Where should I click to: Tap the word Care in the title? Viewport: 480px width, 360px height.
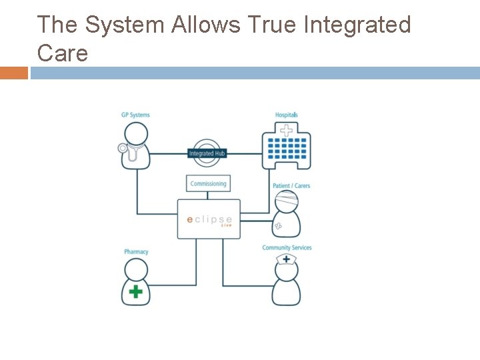coord(63,53)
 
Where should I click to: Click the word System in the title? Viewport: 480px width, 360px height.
coord(125,25)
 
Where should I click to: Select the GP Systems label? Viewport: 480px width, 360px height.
coord(135,115)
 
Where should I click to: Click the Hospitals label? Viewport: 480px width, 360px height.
coord(287,115)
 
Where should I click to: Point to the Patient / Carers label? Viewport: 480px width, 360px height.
coord(291,185)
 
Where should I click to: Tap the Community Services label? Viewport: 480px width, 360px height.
coord(287,247)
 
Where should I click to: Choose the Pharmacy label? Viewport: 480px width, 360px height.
coord(136,252)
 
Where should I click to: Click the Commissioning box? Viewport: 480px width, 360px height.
coord(208,184)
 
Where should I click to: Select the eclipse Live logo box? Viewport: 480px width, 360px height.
coord(209,219)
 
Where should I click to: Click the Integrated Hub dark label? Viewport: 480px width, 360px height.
coord(207,154)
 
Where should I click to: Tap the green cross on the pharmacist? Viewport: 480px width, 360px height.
coord(136,291)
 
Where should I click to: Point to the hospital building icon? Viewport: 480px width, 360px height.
coord(286,149)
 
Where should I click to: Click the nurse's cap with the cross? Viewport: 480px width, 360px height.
coord(287,258)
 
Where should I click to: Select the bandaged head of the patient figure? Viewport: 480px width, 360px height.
coord(286,201)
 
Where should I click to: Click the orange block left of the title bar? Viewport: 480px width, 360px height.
coord(14,73)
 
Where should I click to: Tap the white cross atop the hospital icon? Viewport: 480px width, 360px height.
coord(286,131)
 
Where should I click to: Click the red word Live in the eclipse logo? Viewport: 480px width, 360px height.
coord(227,225)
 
